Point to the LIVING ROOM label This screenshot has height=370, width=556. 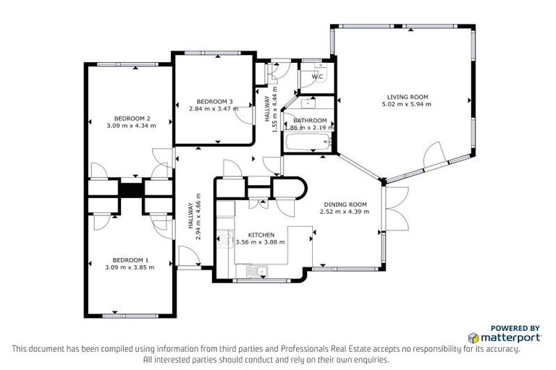pos(407,97)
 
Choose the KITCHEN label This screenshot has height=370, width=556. pos(261,235)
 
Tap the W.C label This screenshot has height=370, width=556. pos(317,77)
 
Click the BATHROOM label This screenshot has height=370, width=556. pos(310,121)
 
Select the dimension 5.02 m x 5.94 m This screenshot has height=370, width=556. pos(407,105)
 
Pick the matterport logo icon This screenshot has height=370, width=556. pos(473,337)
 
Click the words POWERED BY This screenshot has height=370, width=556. pos(515,327)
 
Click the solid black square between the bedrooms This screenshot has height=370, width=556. pos(131,190)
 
